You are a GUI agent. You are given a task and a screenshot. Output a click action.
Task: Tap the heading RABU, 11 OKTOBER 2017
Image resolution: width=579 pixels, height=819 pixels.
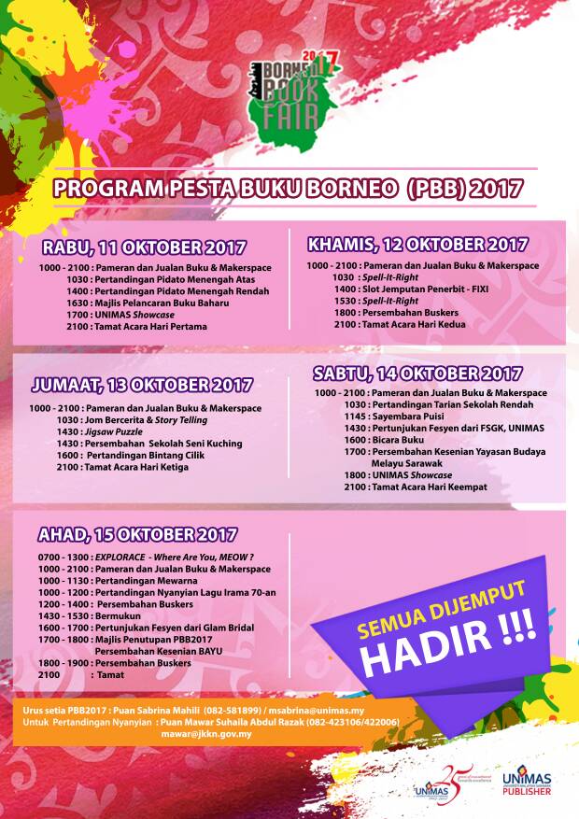click(x=144, y=247)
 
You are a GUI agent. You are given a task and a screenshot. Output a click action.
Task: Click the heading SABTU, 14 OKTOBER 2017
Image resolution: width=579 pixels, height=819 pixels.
click(x=417, y=373)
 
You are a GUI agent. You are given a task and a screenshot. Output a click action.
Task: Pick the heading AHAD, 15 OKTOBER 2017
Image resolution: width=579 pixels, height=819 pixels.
click(x=137, y=534)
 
